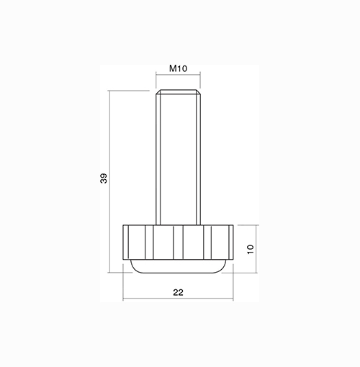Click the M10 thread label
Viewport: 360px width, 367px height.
coord(178,68)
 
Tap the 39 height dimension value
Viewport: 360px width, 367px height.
coord(104,178)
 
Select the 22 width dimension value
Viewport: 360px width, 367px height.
coord(178,292)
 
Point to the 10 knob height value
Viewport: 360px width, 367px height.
coord(251,249)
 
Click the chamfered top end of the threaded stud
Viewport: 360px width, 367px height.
coord(178,92)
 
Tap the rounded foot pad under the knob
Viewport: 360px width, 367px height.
coord(178,266)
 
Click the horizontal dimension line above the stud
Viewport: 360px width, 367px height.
coord(178,75)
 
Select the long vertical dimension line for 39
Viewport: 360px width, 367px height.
coord(109,181)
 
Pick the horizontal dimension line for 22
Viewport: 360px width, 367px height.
coord(178,299)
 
